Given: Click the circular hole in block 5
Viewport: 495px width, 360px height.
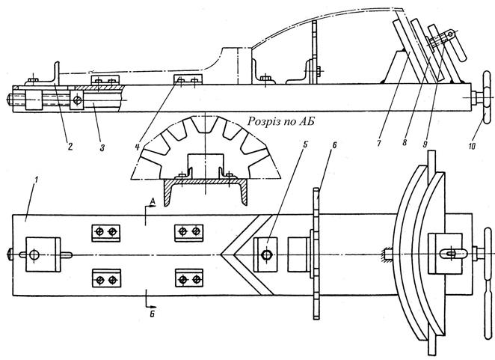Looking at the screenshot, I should coord(266,255).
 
